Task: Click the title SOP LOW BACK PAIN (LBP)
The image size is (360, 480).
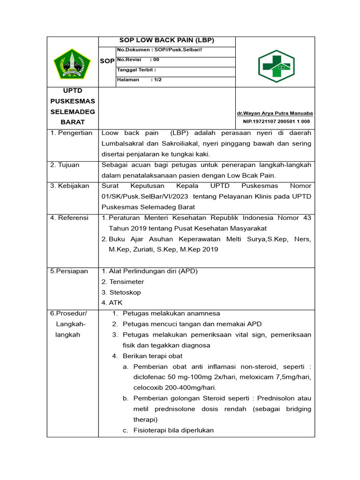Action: point(167,40)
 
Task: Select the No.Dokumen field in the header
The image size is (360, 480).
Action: point(159,50)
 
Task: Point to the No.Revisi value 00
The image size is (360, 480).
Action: point(156,60)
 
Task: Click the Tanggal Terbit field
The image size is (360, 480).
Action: point(136,70)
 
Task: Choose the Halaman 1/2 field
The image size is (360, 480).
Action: point(139,80)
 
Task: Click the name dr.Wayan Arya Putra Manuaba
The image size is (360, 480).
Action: point(275,113)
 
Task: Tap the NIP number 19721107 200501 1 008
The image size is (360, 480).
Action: point(276,121)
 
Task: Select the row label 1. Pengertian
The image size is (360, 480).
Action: point(72,133)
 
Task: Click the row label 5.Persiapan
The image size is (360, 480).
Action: point(69,271)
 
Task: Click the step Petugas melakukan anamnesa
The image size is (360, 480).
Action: point(171,313)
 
